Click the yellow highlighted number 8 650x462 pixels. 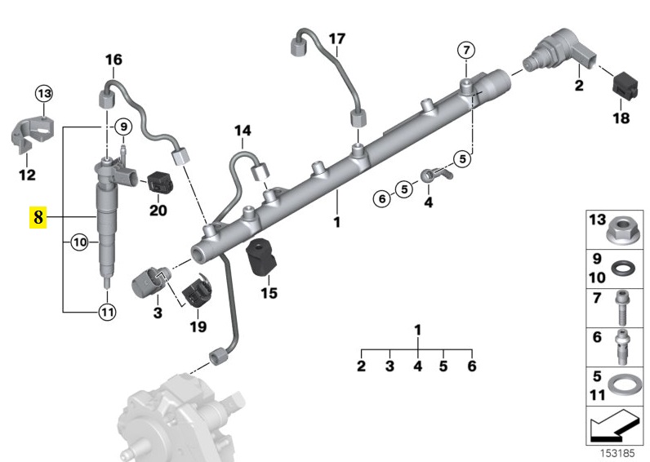coord(39,217)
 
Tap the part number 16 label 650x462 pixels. coord(113,60)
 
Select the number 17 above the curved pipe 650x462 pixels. coord(337,38)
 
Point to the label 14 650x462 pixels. coord(244,131)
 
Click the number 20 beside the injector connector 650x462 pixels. coord(158,211)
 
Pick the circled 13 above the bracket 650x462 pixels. coord(43,95)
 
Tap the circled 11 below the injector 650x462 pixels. coord(107,310)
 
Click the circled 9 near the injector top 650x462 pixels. coord(122,127)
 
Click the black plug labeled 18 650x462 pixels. coord(623,87)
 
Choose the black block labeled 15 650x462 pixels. coord(261,260)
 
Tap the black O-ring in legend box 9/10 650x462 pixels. coord(623,270)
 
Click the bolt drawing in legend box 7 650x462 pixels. coord(623,309)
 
